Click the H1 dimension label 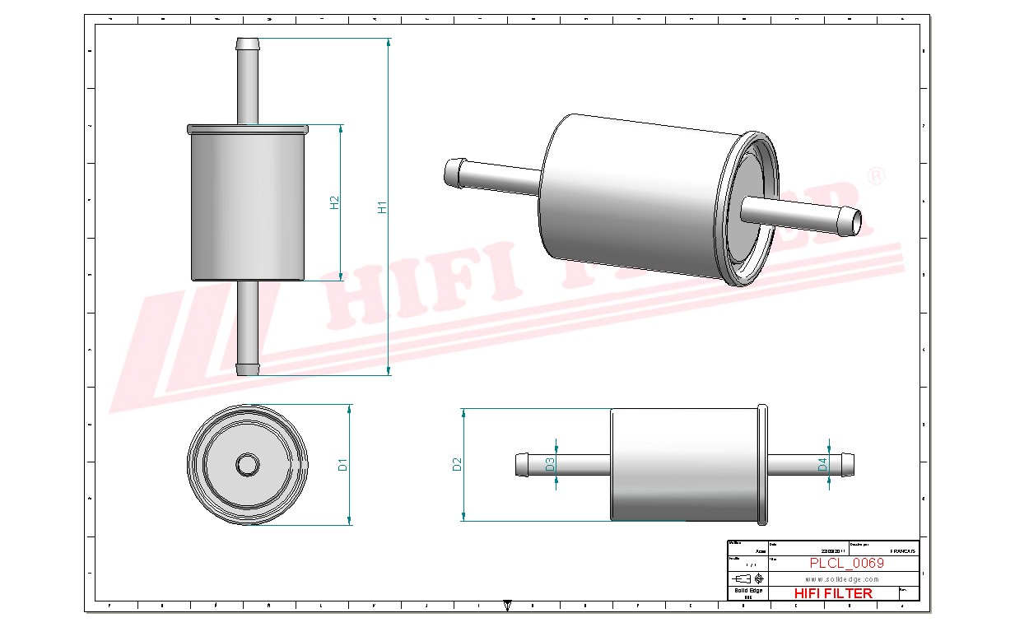[x=382, y=208]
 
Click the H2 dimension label [x=335, y=202]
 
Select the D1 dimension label [x=343, y=465]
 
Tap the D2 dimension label [x=458, y=464]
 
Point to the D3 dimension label [x=550, y=464]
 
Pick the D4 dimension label [x=822, y=464]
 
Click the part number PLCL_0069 [x=846, y=564]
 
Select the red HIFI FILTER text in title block [x=833, y=593]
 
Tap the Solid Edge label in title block [x=748, y=591]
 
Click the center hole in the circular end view [x=247, y=465]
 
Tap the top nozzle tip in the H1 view [x=248, y=42]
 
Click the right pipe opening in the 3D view [x=856, y=220]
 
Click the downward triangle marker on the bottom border [x=507, y=606]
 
